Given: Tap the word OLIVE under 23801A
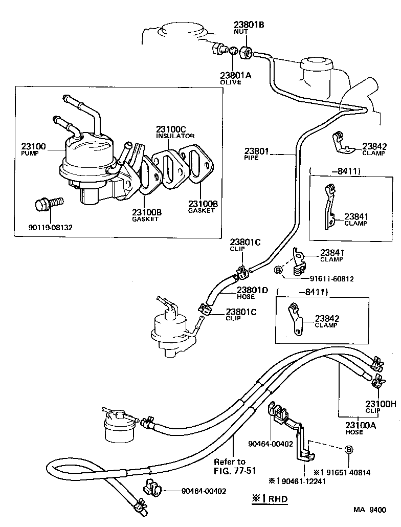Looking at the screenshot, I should [x=230, y=82].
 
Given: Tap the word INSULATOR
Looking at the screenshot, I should [x=175, y=136].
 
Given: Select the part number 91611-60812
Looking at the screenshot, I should [x=331, y=279].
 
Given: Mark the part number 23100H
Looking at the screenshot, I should [x=380, y=403].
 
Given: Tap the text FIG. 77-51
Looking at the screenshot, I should [x=230, y=470].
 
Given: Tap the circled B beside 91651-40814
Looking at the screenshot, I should [x=348, y=450].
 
